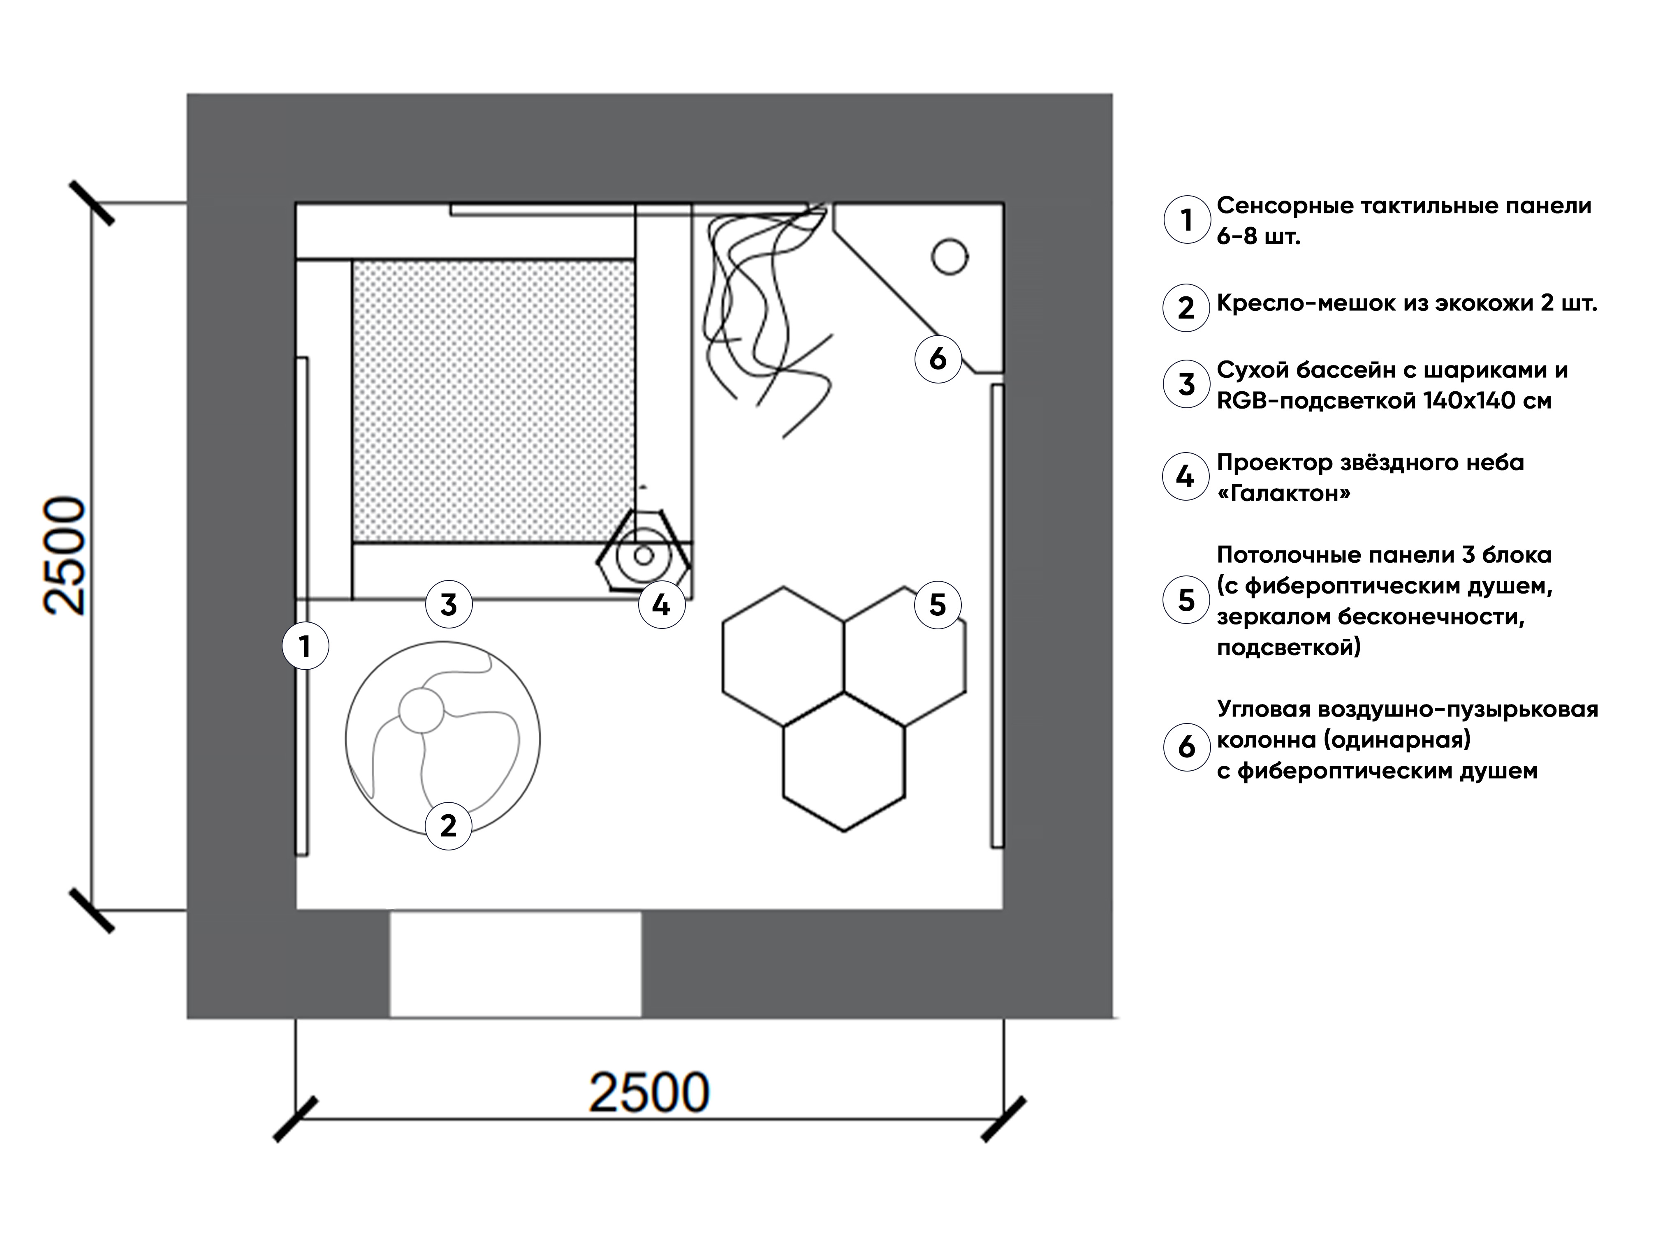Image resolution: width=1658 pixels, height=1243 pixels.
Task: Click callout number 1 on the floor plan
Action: click(x=305, y=646)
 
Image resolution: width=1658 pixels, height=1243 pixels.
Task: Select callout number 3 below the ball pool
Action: click(x=448, y=604)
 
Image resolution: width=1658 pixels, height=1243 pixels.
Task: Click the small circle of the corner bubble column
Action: click(x=949, y=256)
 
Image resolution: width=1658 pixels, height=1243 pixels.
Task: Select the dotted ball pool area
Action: click(x=493, y=401)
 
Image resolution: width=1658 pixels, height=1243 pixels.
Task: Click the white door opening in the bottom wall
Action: click(x=515, y=964)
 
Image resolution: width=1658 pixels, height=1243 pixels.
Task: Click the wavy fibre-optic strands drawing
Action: click(x=764, y=315)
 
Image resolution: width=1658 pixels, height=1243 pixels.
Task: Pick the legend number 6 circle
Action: click(x=1186, y=746)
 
